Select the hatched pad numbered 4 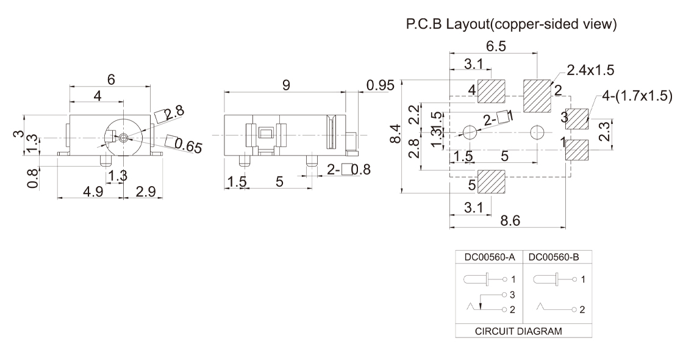coord(493,92)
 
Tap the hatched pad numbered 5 coord(493,181)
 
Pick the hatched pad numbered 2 coord(537,95)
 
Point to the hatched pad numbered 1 coord(578,149)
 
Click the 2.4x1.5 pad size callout coord(590,71)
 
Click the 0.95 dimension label coord(381,85)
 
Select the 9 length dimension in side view coord(285,86)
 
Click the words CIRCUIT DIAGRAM coord(523,332)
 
